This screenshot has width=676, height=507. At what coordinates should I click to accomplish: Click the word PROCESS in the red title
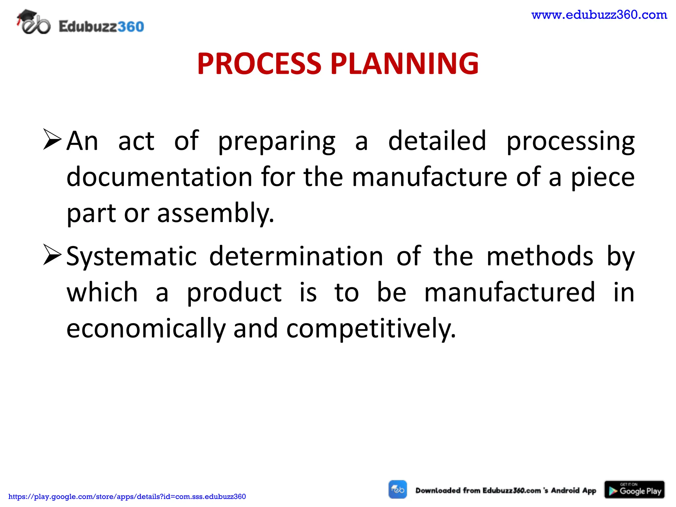click(259, 63)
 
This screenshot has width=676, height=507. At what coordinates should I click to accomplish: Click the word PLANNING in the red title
click(404, 63)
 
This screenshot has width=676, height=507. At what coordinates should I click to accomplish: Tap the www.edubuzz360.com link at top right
click(599, 15)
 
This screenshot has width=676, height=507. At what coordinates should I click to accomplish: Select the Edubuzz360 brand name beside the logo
click(101, 27)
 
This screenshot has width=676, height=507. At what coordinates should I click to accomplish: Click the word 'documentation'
click(159, 177)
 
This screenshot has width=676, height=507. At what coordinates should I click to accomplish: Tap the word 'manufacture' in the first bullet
click(429, 177)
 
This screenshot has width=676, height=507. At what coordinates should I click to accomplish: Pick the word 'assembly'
click(216, 214)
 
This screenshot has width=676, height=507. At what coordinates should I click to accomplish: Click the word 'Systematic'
click(132, 257)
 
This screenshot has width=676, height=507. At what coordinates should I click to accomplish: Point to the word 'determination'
click(296, 256)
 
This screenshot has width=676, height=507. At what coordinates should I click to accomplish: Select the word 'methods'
click(540, 256)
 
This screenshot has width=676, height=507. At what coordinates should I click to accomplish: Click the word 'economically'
click(146, 329)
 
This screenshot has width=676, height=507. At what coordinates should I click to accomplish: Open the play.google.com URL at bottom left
click(127, 496)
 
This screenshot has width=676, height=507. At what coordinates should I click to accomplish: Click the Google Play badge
click(634, 490)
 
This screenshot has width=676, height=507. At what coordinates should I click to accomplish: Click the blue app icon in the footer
click(398, 490)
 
